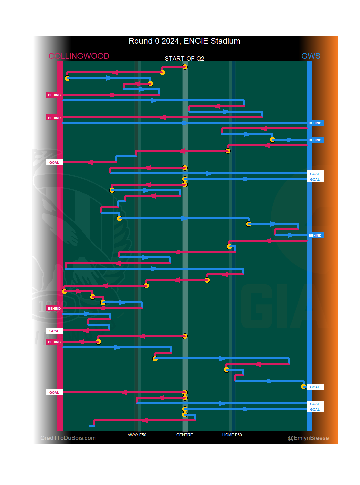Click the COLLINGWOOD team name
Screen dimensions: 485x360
coord(79,56)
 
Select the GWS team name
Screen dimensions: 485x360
coord(311,56)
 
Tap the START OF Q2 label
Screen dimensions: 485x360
coord(184,59)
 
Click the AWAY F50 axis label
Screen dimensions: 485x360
coord(137,435)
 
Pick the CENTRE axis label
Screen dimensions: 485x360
coord(185,435)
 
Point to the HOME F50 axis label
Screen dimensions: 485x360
coord(232,435)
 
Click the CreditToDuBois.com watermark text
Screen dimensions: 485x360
coord(68,438)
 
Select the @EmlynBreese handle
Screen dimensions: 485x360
coord(308,438)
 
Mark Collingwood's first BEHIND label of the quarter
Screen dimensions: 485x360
coord(54,95)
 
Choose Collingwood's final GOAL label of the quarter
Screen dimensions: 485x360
coord(54,393)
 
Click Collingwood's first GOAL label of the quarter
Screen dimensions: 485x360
coord(54,163)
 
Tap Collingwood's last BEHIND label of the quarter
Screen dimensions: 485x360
coord(54,342)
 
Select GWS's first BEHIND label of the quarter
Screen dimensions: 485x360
coord(315,123)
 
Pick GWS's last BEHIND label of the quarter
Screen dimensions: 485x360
coord(315,236)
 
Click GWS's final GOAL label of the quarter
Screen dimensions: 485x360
coord(315,410)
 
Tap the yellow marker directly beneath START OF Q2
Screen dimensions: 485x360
coord(185,67)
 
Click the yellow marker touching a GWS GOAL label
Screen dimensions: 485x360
coord(304,387)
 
